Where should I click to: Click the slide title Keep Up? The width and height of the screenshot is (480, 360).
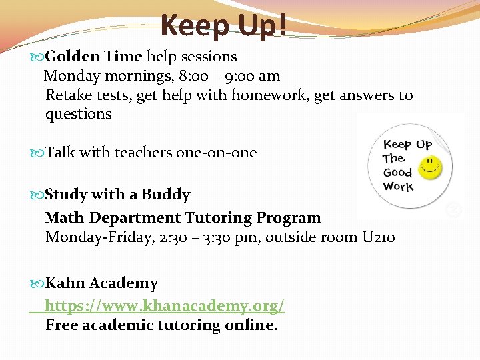point(224,27)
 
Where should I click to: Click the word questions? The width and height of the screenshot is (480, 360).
point(79,114)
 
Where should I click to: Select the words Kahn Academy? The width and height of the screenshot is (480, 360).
point(101,283)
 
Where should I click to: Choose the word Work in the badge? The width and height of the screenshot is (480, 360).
point(399,187)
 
